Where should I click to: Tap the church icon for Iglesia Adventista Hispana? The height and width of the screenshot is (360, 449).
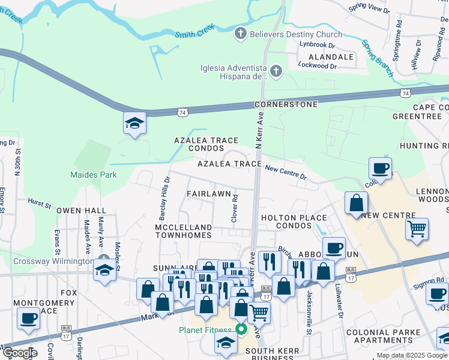(x=276, y=72)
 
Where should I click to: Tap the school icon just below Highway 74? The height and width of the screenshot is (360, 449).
(x=134, y=124)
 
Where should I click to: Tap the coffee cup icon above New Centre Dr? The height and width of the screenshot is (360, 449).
(x=380, y=168)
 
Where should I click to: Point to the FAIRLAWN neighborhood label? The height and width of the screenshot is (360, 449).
(x=208, y=194)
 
